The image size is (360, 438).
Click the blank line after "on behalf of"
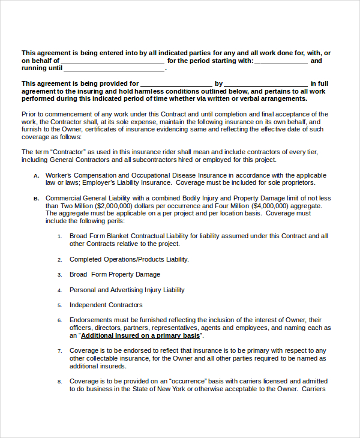point(112,62)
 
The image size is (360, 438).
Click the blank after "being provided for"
point(176,85)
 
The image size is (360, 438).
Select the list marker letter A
point(36,176)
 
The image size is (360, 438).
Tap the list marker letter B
point(36,199)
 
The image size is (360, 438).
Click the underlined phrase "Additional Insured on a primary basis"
point(140,336)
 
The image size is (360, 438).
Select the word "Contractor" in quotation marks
point(67,152)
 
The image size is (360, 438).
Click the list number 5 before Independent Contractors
point(59,305)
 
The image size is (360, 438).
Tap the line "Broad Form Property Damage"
point(115,275)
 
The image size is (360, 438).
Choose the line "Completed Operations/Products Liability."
point(129,259)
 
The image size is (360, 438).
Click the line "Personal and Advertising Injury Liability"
point(127,290)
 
